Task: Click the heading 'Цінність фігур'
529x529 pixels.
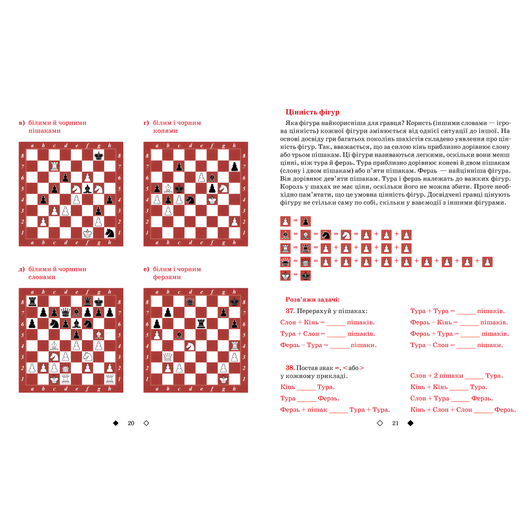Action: point(312,112)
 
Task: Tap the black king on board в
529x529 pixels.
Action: point(98,156)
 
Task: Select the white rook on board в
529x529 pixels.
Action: point(54,167)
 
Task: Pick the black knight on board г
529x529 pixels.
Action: point(190,200)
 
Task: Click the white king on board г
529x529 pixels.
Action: point(212,200)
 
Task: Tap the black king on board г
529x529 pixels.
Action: point(179,189)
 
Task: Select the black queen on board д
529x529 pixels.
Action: point(65,313)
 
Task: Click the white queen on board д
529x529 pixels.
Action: point(65,368)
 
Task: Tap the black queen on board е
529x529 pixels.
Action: point(190,302)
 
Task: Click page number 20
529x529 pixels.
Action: point(131,423)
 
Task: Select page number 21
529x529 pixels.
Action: point(395,423)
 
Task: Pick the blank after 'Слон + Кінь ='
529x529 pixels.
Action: point(336,323)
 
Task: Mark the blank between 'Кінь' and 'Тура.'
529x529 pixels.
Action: point(306,387)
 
